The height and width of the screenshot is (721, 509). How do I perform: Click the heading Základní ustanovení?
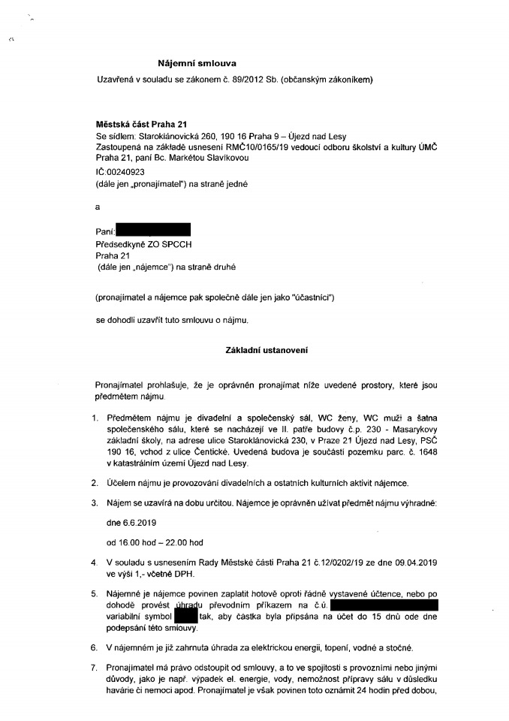click(267, 350)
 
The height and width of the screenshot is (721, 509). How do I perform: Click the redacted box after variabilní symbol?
click(185, 616)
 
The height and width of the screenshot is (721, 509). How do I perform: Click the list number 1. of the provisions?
click(95, 417)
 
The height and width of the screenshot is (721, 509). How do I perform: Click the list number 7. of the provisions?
click(94, 668)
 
